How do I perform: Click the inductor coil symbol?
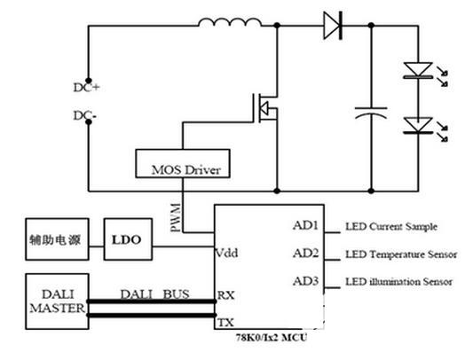[x=230, y=22]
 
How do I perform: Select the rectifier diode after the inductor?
[x=333, y=26]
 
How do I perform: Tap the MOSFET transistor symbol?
[x=265, y=108]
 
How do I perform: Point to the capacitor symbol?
[x=371, y=113]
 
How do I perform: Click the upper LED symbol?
[x=418, y=71]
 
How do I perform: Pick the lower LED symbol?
[x=418, y=126]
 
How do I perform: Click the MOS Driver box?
[x=183, y=163]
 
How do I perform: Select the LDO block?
[x=128, y=239]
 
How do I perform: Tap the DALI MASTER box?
[x=57, y=301]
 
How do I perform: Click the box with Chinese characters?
[x=57, y=239]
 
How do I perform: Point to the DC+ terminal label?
[x=86, y=88]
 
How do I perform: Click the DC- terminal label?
[x=85, y=115]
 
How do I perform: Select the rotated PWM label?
[x=176, y=217]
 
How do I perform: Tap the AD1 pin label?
[x=305, y=225]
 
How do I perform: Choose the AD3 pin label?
[x=306, y=280]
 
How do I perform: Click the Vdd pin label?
[x=226, y=253]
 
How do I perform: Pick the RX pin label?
[x=226, y=295]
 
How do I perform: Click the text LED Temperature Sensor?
[x=401, y=254]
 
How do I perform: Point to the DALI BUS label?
[x=154, y=293]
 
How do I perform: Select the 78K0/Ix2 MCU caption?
[x=272, y=338]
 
